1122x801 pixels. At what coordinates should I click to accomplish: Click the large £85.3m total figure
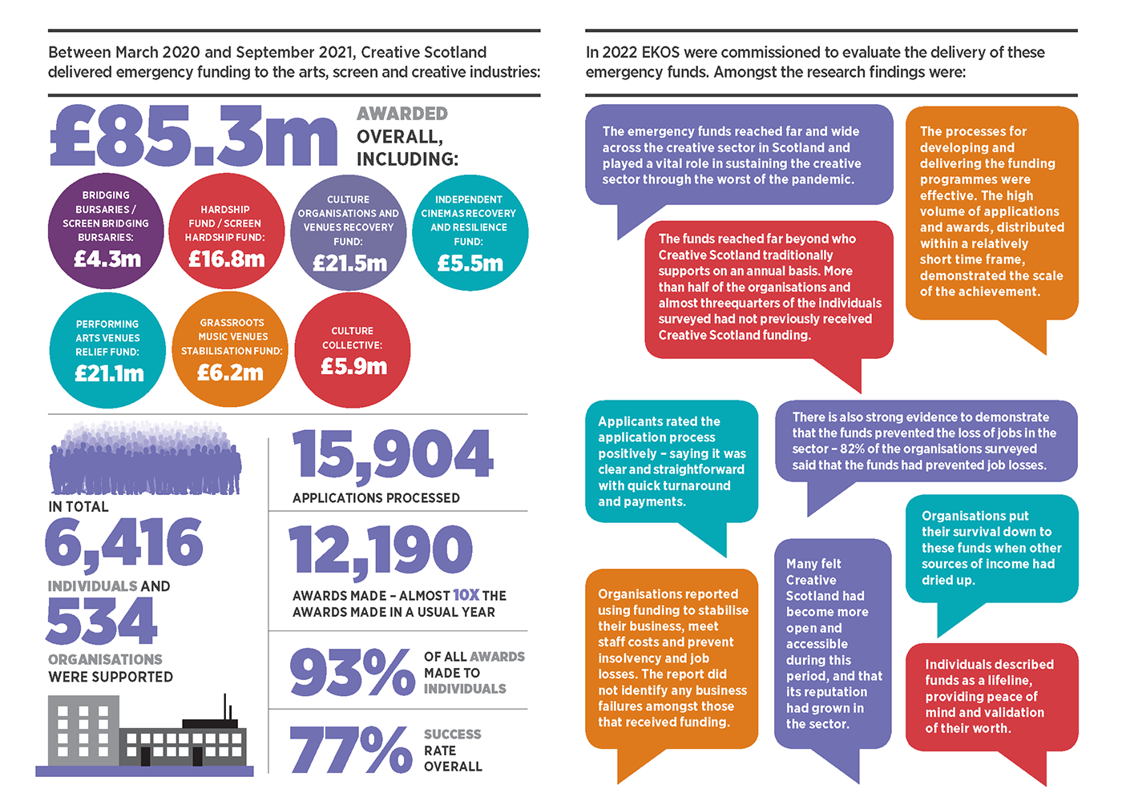194,137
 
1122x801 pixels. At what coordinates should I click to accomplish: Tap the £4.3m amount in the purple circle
107,259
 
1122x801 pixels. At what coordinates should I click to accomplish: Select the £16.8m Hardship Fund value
226,259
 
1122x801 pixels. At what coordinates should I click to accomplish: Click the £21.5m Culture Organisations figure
349,263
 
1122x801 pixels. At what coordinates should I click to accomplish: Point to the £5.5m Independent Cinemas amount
470,263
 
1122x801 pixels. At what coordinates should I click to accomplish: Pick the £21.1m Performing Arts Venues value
109,373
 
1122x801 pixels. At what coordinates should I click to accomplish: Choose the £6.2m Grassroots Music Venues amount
230,372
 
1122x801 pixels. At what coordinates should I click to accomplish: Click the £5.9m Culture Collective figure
353,366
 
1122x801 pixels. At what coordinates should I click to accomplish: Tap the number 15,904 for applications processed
393,454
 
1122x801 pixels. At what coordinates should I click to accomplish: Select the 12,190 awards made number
381,551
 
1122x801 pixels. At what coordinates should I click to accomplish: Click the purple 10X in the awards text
466,595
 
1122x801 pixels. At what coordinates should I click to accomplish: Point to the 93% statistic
351,672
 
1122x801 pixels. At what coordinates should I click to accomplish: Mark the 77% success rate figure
351,750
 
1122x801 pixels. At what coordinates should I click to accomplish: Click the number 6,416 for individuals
124,542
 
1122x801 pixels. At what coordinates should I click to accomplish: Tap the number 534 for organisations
102,622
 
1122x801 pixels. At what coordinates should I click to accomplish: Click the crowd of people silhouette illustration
145,461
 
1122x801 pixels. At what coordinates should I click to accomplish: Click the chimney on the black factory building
226,706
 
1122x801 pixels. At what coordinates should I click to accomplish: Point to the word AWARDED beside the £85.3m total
402,114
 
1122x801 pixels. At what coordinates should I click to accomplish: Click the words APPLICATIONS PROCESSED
376,497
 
